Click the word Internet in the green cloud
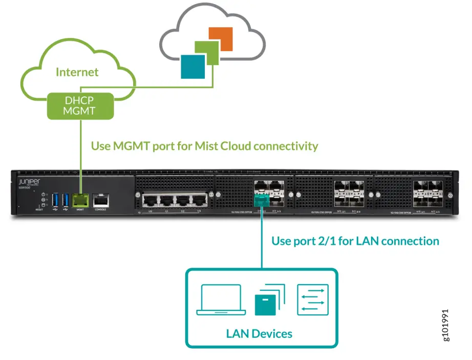77,72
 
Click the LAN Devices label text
259,334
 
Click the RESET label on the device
39,209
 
